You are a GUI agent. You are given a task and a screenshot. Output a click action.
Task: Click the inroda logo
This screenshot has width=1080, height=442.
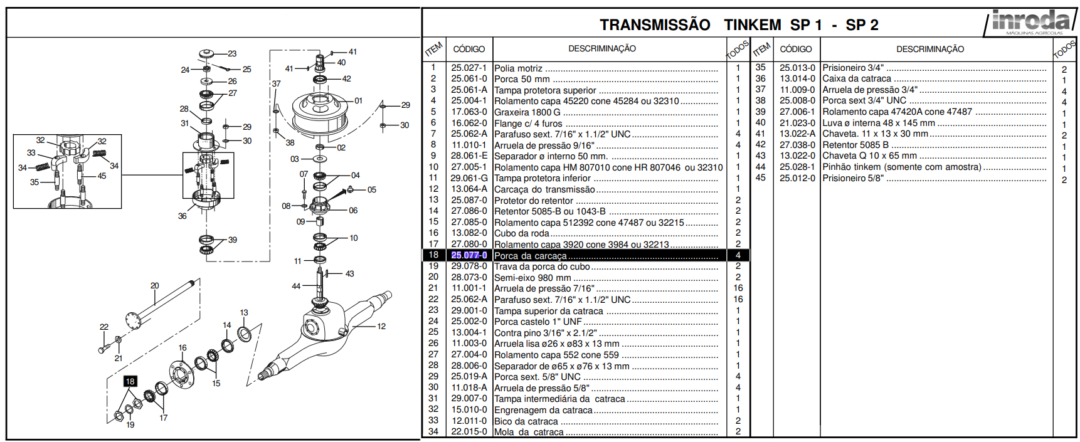tap(1029, 22)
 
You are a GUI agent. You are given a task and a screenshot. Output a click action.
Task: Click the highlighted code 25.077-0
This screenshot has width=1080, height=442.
tap(469, 255)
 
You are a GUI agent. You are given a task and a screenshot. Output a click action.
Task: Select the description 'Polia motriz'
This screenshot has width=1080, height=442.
tap(518, 68)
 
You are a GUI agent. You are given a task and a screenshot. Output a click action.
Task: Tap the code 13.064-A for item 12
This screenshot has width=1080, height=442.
tap(469, 189)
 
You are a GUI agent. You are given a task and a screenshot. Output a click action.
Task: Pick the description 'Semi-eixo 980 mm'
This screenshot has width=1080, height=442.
tap(532, 278)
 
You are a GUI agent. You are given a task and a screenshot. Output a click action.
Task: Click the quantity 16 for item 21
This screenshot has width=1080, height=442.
tap(738, 288)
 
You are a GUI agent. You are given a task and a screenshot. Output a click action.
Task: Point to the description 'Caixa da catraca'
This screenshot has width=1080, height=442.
tap(857, 79)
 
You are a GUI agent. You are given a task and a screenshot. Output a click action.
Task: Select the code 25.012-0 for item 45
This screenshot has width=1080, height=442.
tap(797, 178)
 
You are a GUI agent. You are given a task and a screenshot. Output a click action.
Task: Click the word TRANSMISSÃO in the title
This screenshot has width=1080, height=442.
tap(655, 25)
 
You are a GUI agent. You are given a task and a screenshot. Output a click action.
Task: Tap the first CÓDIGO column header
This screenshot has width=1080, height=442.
tap(469, 49)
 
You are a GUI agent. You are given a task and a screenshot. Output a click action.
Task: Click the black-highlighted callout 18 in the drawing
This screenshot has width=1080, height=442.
tap(130, 381)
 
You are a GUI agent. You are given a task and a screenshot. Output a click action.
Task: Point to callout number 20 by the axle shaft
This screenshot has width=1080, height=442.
tap(155, 286)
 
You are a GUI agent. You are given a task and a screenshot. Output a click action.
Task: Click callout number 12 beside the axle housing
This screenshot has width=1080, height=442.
tap(381, 327)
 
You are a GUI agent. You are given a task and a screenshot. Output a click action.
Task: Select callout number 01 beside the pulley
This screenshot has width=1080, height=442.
tap(358, 100)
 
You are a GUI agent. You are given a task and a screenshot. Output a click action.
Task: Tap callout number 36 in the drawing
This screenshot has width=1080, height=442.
tap(182, 216)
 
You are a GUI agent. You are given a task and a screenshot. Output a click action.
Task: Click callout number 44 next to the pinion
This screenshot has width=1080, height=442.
tap(296, 287)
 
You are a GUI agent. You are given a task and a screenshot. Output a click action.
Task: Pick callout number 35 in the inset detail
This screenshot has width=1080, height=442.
tap(34, 182)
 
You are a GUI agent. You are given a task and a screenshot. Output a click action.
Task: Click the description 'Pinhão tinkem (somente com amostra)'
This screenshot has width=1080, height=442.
tap(902, 167)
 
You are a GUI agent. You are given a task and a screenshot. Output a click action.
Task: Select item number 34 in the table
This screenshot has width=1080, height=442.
tap(433, 431)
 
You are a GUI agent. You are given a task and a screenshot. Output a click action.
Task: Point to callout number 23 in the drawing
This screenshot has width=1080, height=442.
tap(232, 54)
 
